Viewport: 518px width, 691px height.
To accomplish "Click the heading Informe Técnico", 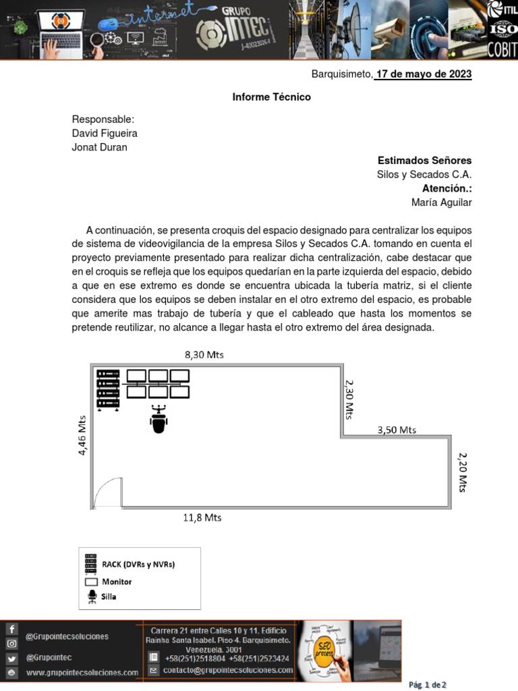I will point(271,97).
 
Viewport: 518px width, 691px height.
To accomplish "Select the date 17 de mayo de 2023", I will point(423,74).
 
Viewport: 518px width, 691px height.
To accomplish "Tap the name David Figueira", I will point(105,134).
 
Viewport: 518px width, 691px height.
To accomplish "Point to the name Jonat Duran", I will point(99,147).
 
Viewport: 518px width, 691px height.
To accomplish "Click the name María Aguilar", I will point(441,202).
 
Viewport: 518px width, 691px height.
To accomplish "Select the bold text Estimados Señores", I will point(424,161).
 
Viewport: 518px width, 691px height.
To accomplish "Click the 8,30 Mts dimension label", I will point(204,354).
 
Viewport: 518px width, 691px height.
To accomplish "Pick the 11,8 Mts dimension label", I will point(202,518).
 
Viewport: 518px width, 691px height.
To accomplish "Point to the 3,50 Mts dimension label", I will point(397,429).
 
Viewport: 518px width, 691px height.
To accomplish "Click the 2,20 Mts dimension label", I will point(463,472).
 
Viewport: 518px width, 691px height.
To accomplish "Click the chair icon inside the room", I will point(159,419).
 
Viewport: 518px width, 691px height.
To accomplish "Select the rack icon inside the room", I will point(108,390).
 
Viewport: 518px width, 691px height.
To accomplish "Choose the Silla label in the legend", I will point(109,597).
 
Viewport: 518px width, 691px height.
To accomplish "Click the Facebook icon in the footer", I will point(11,629).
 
